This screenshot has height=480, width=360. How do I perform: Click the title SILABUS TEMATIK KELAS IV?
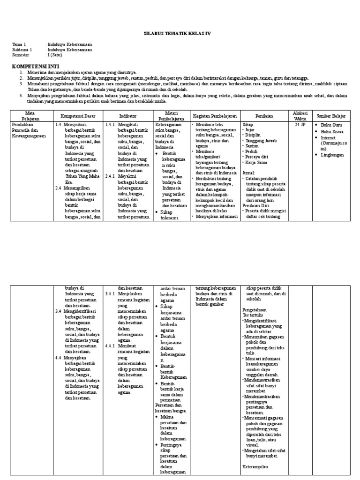coord(180,34)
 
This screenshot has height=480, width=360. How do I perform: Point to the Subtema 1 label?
coord(22,49)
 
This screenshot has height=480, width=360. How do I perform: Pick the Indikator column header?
coord(127,115)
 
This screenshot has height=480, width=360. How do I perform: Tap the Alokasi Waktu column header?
coord(300,115)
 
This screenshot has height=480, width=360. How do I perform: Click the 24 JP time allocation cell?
coord(300,125)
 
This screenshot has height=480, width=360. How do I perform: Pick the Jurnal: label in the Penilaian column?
coord(249,172)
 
